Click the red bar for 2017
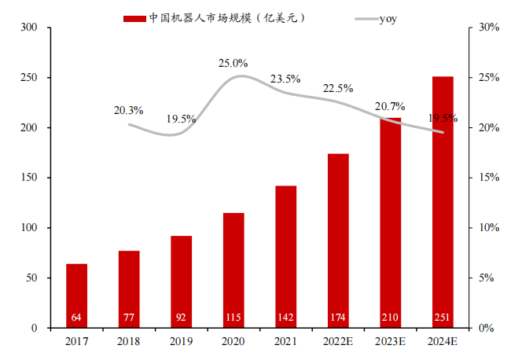(77, 296)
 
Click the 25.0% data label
(233, 63)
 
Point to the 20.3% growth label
(128, 110)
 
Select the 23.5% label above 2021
(285, 79)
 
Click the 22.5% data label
(338, 88)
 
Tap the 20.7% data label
(390, 106)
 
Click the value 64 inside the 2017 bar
(77, 318)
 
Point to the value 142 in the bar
(285, 318)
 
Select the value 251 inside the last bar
(443, 318)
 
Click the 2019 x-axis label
(182, 342)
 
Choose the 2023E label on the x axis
(390, 342)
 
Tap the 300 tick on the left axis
(29, 28)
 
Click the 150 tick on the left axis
(29, 178)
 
